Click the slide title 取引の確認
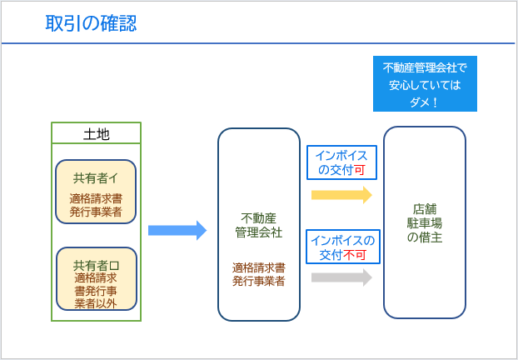click(x=91, y=24)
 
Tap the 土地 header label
click(x=96, y=134)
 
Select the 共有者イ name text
click(x=96, y=178)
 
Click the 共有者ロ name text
click(x=96, y=266)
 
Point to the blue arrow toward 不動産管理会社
click(x=177, y=230)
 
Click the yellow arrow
click(x=342, y=195)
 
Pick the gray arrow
click(x=342, y=277)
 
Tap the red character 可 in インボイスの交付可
click(x=360, y=170)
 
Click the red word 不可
click(x=355, y=255)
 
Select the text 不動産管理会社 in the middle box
click(x=259, y=226)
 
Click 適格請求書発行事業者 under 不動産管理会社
click(x=259, y=274)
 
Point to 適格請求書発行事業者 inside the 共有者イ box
click(x=96, y=205)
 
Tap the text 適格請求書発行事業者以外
click(x=96, y=290)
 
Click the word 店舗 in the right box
click(x=425, y=209)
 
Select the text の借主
click(x=425, y=237)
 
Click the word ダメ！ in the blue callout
click(x=425, y=102)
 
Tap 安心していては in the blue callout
click(x=425, y=86)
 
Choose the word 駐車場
click(x=425, y=223)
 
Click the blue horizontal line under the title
click(x=258, y=43)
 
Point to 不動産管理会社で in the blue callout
click(x=425, y=68)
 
